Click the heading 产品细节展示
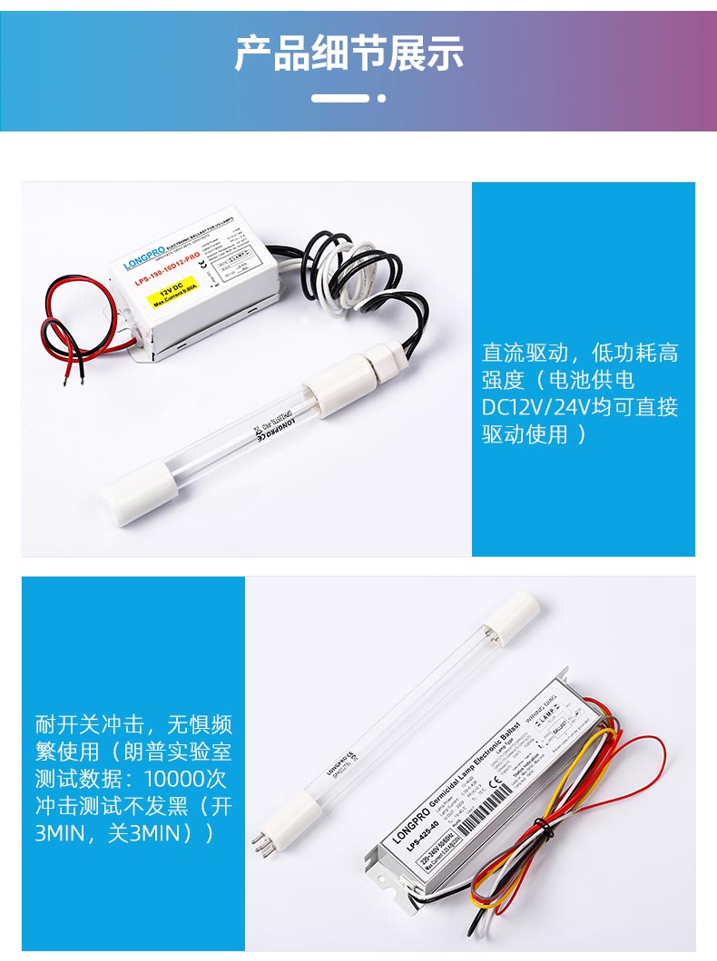349,53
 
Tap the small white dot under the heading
382,98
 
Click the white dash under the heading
340,98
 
